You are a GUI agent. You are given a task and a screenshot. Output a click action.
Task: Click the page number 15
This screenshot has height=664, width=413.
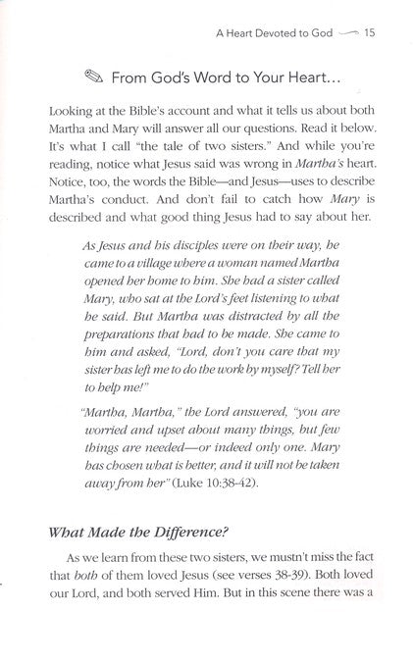point(369,34)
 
